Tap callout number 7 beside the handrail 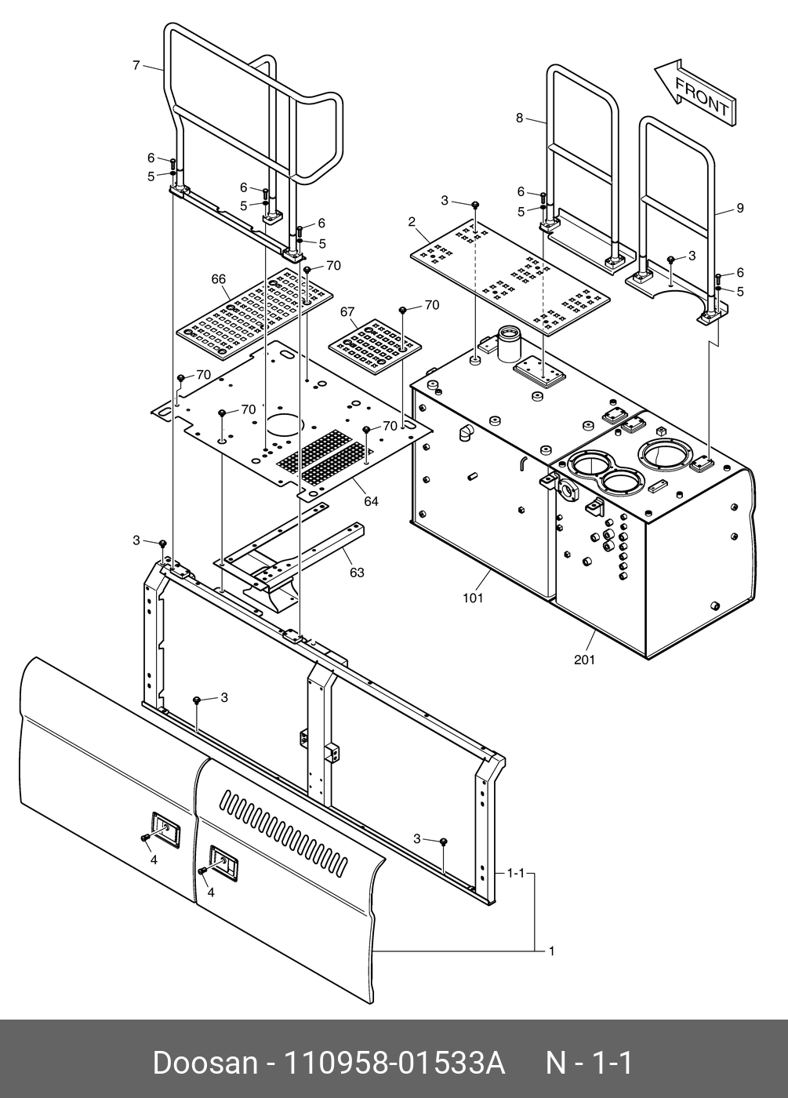point(136,65)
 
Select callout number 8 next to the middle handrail point(519,118)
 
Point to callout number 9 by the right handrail point(739,208)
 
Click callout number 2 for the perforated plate point(411,223)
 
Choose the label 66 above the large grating point(218,278)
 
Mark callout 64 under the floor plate point(371,500)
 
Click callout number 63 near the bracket point(357,573)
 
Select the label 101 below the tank point(473,598)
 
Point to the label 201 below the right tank point(584,660)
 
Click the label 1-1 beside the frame point(515,873)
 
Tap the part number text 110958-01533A point(392,1063)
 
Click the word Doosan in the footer point(205,1063)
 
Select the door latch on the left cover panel point(164,826)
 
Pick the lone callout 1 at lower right point(551,951)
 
